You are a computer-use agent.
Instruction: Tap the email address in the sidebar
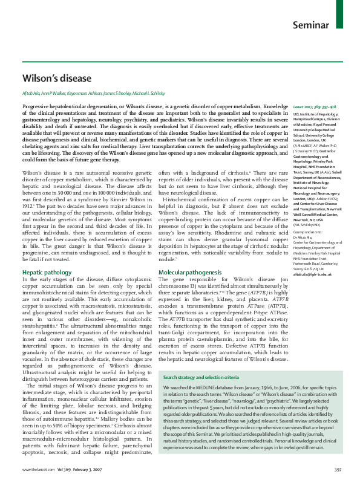pos(313,274)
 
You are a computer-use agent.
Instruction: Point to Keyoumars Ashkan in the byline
pos(85,95)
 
